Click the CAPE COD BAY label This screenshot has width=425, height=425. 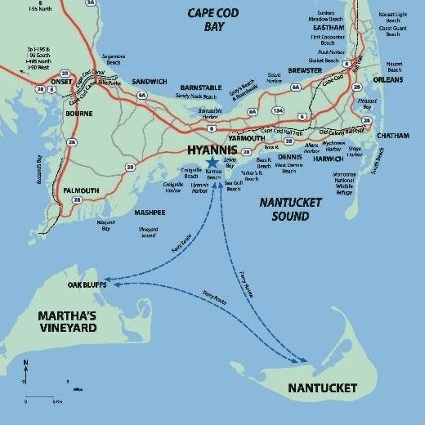click(218, 20)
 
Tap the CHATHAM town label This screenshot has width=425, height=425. click(394, 136)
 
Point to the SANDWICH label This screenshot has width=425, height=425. click(149, 82)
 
